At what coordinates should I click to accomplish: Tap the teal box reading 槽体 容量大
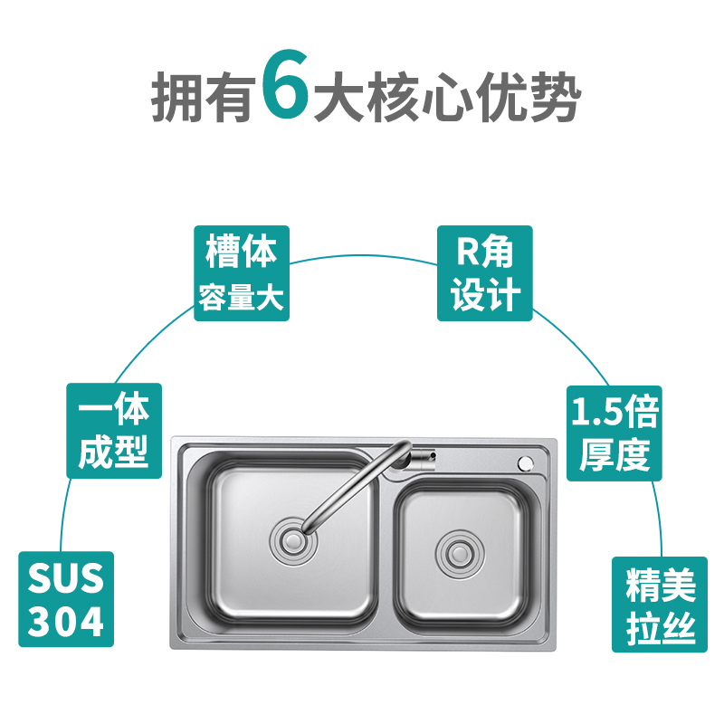(242, 273)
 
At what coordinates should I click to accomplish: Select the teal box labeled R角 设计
(485, 273)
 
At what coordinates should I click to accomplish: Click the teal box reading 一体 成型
(114, 430)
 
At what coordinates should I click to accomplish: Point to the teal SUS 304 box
(66, 599)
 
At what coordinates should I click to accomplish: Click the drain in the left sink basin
(291, 542)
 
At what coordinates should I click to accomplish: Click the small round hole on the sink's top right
(524, 462)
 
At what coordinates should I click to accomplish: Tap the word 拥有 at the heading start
(201, 98)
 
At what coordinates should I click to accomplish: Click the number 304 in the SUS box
(66, 622)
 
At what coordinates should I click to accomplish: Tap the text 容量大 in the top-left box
(242, 297)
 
